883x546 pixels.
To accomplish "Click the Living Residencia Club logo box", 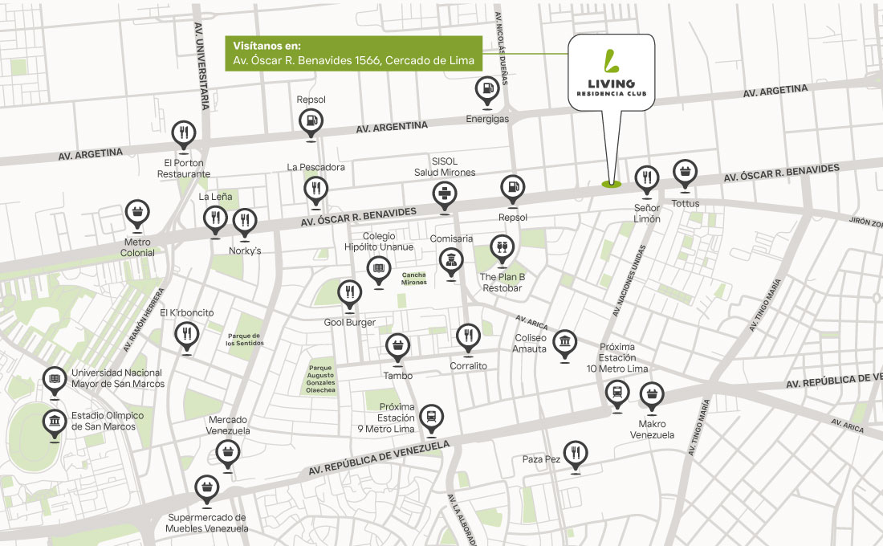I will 612,72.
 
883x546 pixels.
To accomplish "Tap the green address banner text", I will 353,54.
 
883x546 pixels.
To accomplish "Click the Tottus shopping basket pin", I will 685,173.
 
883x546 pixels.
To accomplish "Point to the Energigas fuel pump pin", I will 487,90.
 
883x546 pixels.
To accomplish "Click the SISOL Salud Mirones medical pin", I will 444,194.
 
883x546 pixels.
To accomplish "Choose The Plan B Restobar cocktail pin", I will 502,248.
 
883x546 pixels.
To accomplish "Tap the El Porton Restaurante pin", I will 184,133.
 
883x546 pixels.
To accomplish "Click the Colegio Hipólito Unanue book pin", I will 378,269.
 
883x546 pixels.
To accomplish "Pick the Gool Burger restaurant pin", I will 350,293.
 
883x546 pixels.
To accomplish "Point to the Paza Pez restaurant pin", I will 574,454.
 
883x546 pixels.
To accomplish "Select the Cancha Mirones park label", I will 414,278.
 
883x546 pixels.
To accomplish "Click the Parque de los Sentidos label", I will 245,339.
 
